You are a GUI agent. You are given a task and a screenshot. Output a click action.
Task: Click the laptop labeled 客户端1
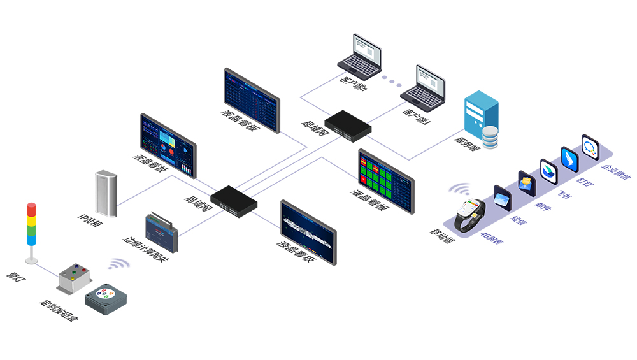click(423, 86)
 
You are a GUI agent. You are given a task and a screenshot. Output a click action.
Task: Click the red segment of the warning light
click(31, 209)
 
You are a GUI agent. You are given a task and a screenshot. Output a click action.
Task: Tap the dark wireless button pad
click(106, 300)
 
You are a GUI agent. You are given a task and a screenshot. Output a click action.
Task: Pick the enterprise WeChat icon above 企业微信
click(590, 148)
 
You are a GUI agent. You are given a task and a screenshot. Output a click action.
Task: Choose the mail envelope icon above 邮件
click(526, 183)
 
